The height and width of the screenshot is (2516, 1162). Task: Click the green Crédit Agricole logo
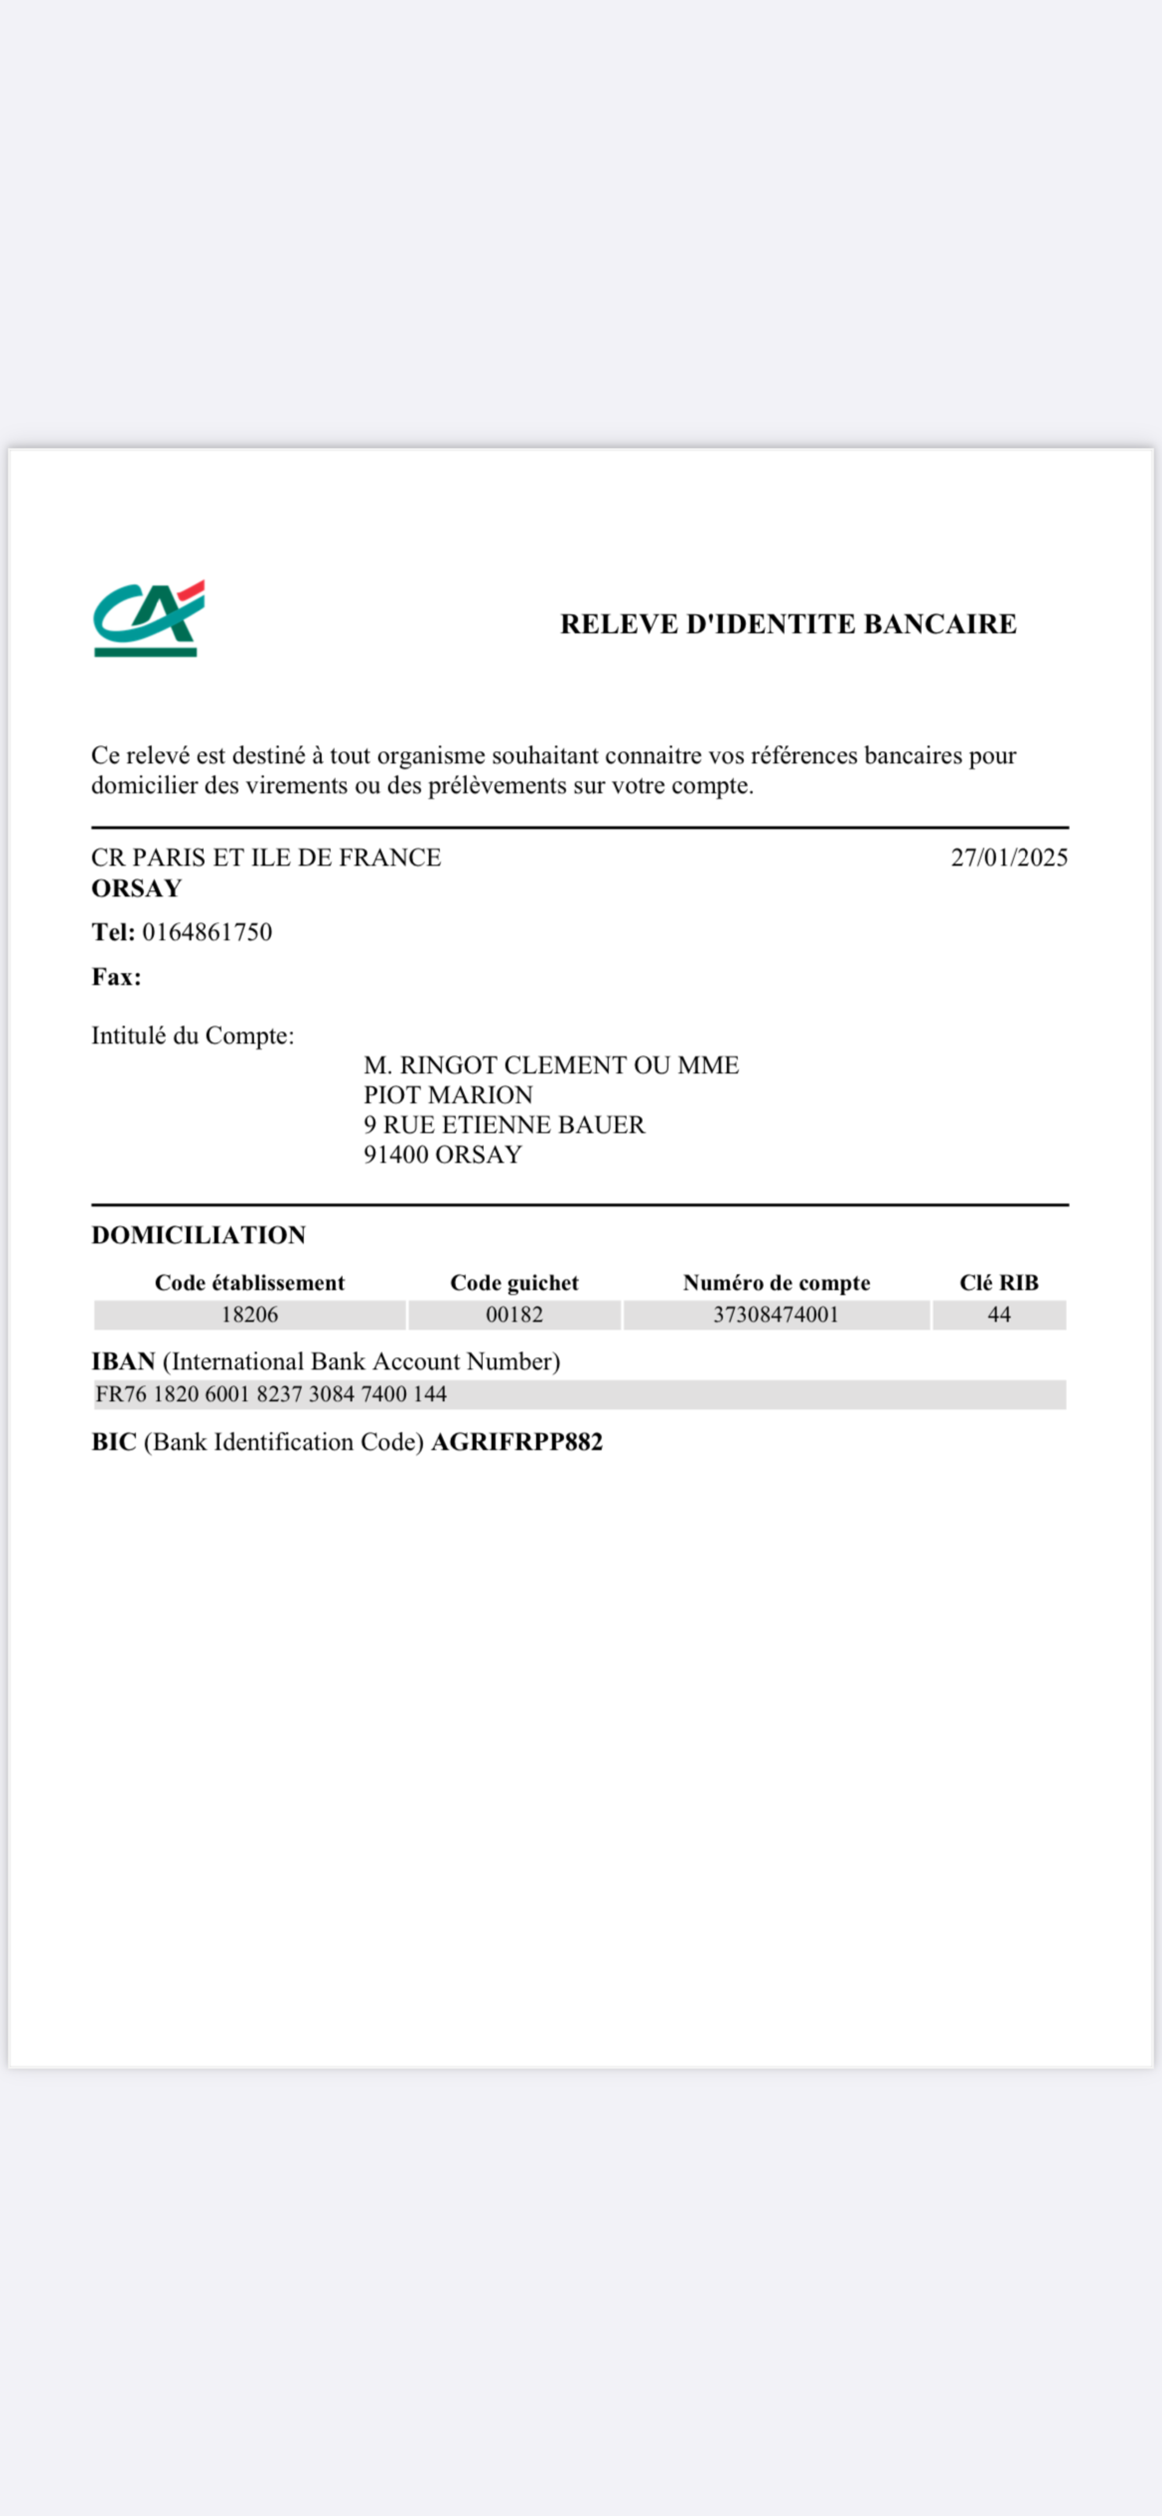148,619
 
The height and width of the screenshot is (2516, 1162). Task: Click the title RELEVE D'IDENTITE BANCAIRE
788,624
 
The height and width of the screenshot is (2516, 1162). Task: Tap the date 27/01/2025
1009,857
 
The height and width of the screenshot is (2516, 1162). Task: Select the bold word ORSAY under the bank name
137,888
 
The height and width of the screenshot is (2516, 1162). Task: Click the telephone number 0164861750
207,932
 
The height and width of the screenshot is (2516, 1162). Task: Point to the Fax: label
116,977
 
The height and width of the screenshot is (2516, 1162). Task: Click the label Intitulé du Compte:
192,1035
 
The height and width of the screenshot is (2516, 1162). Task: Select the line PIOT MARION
448,1095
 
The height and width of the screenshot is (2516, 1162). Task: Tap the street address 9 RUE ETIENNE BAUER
504,1124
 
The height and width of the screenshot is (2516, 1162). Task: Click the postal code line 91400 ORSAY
442,1155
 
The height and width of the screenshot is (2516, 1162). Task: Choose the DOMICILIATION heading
198,1235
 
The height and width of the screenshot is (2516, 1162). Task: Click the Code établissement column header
249,1282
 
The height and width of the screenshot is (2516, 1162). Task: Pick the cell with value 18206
249,1314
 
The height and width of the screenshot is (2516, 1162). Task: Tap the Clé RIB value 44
998,1314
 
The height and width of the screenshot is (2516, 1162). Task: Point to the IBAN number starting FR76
271,1394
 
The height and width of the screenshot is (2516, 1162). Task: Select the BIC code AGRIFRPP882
517,1442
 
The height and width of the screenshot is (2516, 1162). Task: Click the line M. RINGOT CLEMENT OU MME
551,1064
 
